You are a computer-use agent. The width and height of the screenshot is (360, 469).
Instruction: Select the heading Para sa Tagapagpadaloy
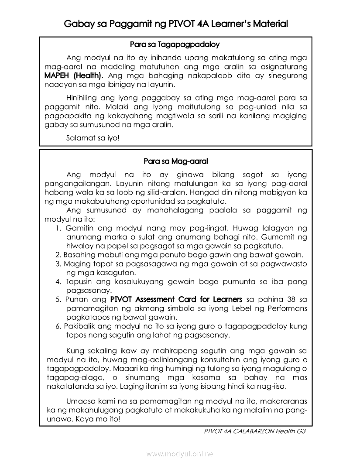(x=175, y=45)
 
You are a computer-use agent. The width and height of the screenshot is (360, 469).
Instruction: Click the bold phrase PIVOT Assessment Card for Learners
(x=176, y=299)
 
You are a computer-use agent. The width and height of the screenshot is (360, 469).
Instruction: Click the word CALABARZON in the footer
(x=258, y=431)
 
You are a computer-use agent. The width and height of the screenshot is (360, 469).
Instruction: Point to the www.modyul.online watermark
(x=180, y=454)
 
